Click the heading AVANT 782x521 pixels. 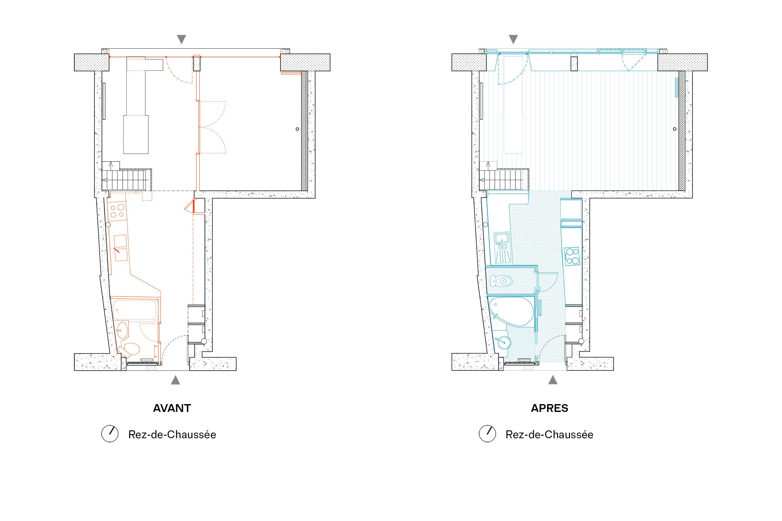point(172,408)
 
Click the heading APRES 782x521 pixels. point(549,408)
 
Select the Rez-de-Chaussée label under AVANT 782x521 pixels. point(172,435)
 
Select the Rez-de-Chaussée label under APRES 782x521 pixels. point(549,435)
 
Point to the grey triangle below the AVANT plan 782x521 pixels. point(175,380)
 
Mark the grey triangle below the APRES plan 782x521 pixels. point(553,380)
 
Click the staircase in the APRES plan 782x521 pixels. point(504,180)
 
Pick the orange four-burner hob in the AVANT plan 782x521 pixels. point(117,211)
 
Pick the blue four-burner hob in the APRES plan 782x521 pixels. point(571,256)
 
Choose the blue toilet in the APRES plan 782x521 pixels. point(501,281)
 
